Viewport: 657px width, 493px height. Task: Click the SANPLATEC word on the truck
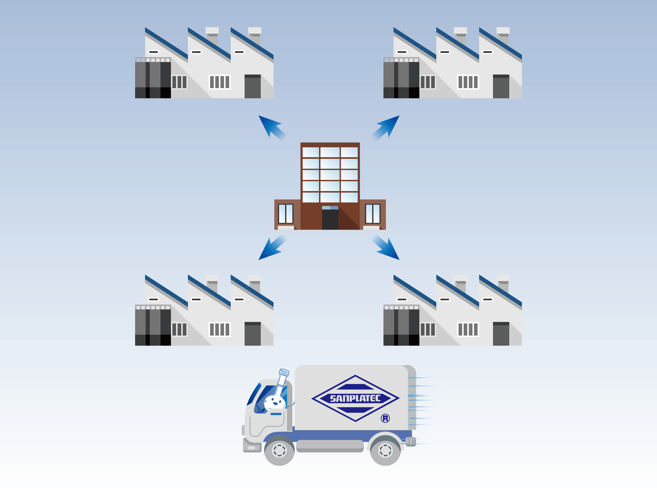tap(355, 398)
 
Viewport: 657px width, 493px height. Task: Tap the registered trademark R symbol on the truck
tap(385, 418)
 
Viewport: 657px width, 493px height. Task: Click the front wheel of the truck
tap(279, 450)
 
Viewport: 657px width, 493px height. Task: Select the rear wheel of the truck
tap(385, 450)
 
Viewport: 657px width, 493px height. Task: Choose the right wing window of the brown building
tap(373, 213)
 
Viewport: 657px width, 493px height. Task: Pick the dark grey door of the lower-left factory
tap(252, 334)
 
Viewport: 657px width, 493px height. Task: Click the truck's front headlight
tap(251, 448)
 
